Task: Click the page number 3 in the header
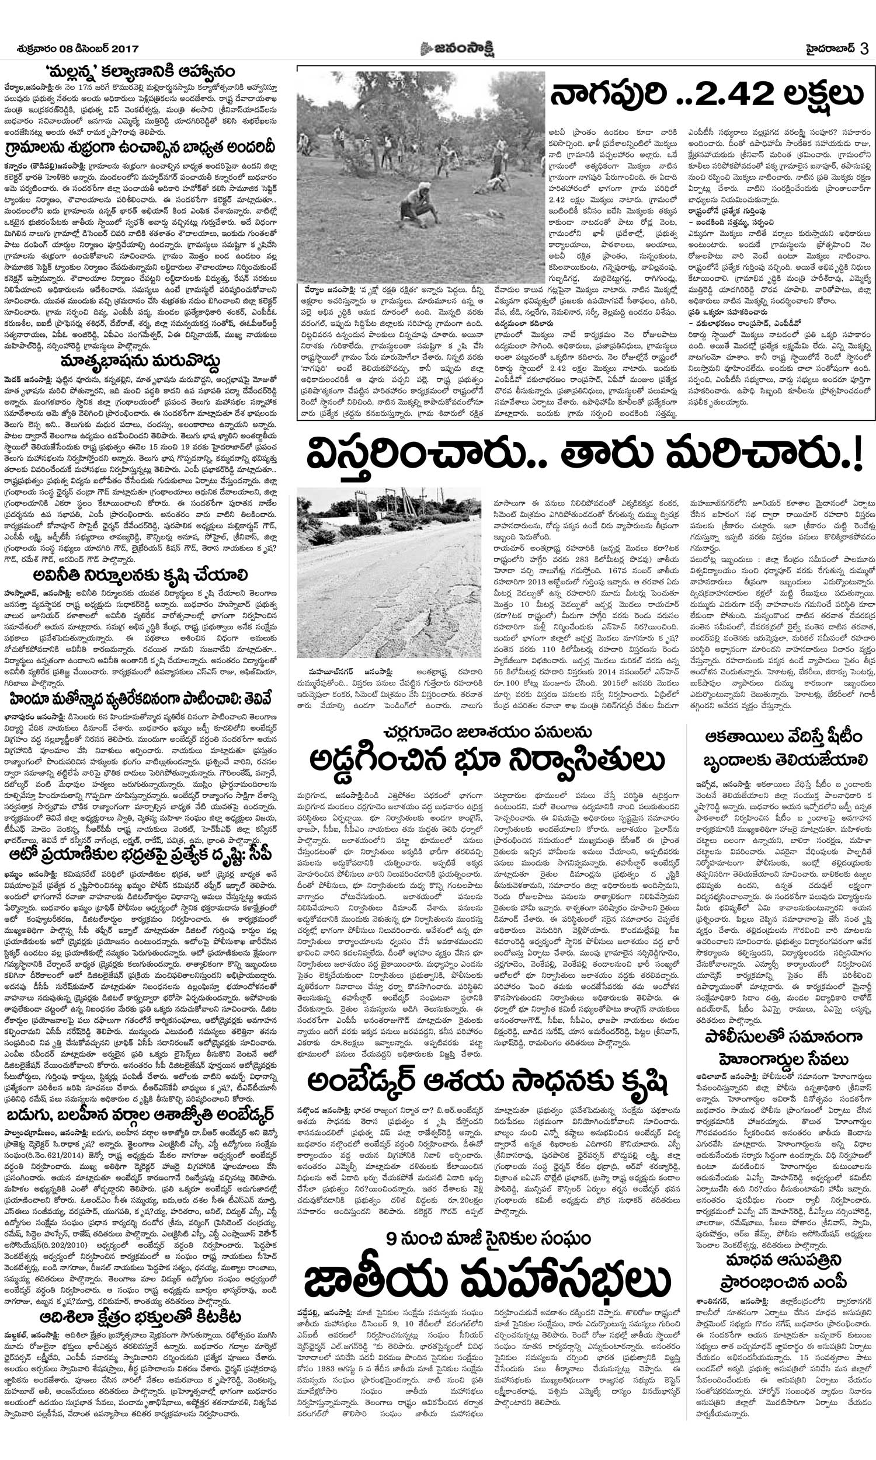[864, 48]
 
